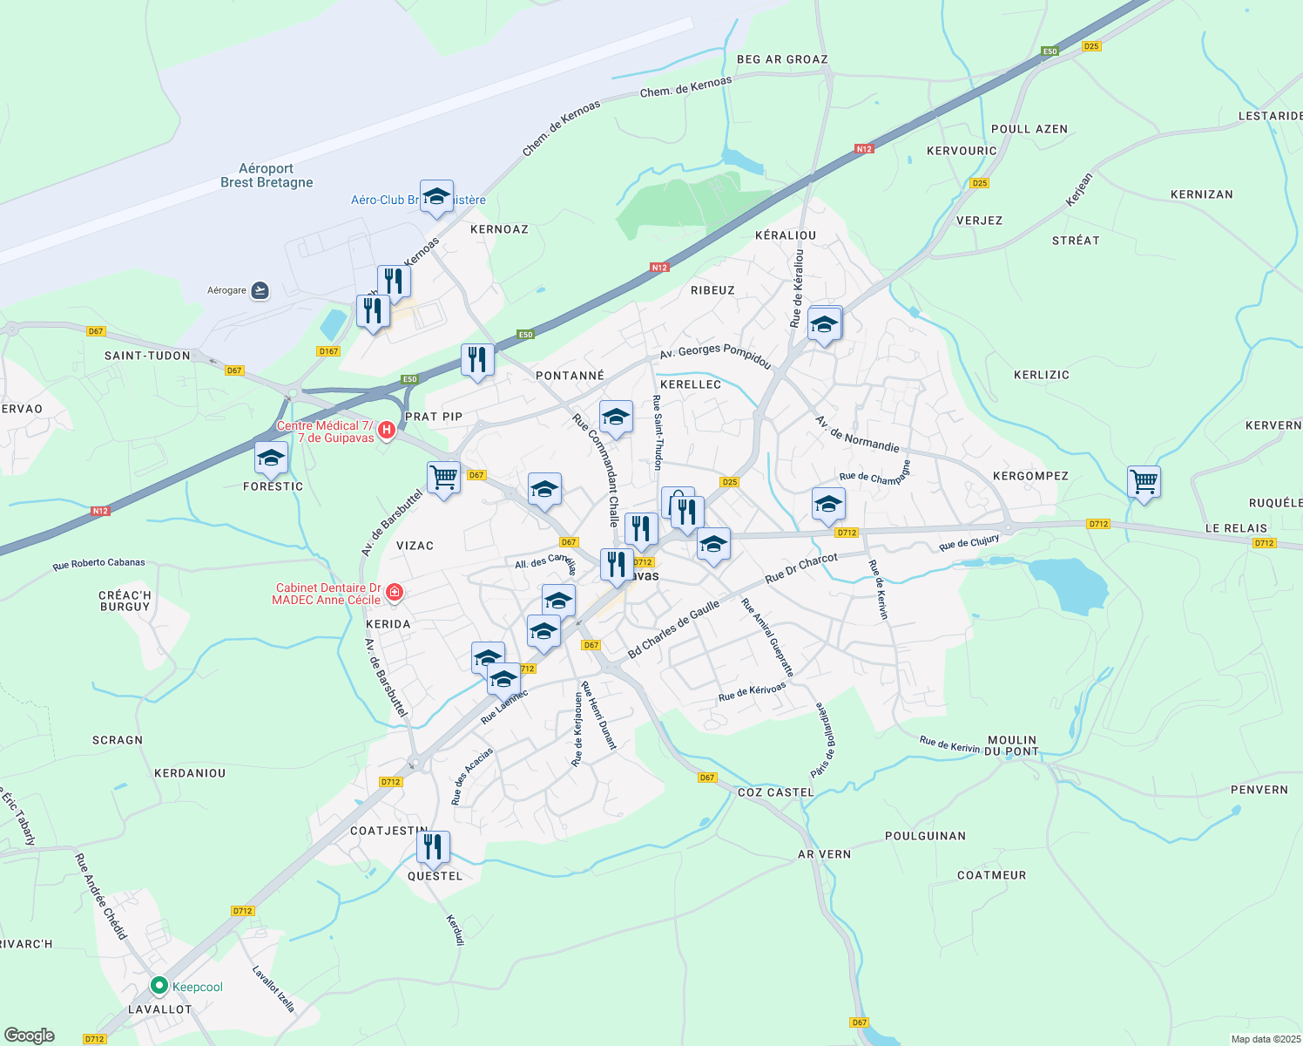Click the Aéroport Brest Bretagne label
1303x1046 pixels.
pos(267,175)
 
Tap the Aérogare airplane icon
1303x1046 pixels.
pos(260,290)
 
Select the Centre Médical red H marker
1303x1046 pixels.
pos(387,430)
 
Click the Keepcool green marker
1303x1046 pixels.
pos(159,986)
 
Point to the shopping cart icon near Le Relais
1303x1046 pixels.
pos(1143,481)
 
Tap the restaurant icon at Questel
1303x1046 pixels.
pos(432,846)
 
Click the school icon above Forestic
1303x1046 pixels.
pos(271,458)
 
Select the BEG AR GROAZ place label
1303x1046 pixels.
pos(782,59)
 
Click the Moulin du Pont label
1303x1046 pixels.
pos(1012,745)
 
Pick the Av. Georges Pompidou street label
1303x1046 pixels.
pos(715,355)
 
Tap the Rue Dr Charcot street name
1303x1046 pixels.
pos(801,568)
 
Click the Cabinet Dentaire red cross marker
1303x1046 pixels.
pos(395,593)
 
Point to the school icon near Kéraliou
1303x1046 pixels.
pos(824,325)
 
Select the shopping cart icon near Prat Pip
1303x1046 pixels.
pos(443,477)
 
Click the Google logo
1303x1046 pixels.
pos(30,1036)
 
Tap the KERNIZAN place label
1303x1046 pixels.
pos(1201,194)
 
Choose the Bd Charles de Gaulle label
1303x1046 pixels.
pos(673,629)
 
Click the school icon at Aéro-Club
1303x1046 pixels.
pos(435,195)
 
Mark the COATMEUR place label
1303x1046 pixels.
pos(991,875)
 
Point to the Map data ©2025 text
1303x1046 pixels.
pos(1264,1039)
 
